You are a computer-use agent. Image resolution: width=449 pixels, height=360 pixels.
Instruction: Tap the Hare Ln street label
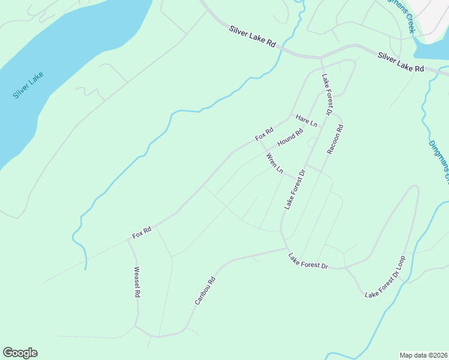(306, 121)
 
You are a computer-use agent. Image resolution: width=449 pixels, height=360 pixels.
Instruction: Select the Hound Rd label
(290, 138)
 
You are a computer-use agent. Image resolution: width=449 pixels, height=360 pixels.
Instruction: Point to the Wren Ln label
(274, 163)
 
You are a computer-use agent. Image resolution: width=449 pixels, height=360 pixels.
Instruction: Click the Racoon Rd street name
(335, 140)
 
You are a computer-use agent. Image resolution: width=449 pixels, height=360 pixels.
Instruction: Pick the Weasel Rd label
(137, 282)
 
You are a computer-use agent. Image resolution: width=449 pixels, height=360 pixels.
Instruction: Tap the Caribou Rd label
(205, 290)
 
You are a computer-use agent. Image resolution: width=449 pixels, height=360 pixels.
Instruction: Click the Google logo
(20, 353)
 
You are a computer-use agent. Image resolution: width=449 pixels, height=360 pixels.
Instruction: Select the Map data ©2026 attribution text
(423, 355)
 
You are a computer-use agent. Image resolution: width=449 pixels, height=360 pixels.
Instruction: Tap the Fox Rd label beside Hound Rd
(264, 134)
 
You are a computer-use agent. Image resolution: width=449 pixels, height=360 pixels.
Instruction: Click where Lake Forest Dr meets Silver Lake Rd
(321, 58)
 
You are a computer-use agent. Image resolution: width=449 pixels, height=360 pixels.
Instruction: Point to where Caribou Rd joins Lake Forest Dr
(287, 248)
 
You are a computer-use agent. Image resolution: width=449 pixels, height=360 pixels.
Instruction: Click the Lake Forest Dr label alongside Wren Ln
(295, 189)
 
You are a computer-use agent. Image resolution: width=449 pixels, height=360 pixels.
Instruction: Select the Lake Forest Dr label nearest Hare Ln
(327, 94)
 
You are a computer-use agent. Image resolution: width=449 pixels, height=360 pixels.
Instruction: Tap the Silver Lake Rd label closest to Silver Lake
(252, 37)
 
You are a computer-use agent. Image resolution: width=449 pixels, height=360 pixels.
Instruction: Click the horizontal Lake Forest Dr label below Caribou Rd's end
(308, 261)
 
